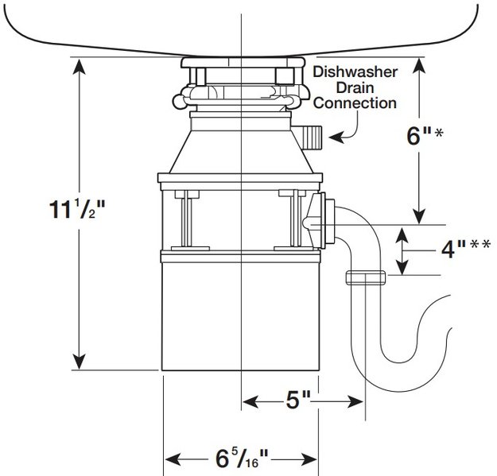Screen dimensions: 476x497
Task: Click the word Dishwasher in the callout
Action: (x=355, y=72)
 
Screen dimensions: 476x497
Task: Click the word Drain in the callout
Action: (x=355, y=87)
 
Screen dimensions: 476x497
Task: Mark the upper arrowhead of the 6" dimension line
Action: (x=421, y=65)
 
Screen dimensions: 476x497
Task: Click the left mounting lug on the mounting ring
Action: (x=178, y=101)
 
